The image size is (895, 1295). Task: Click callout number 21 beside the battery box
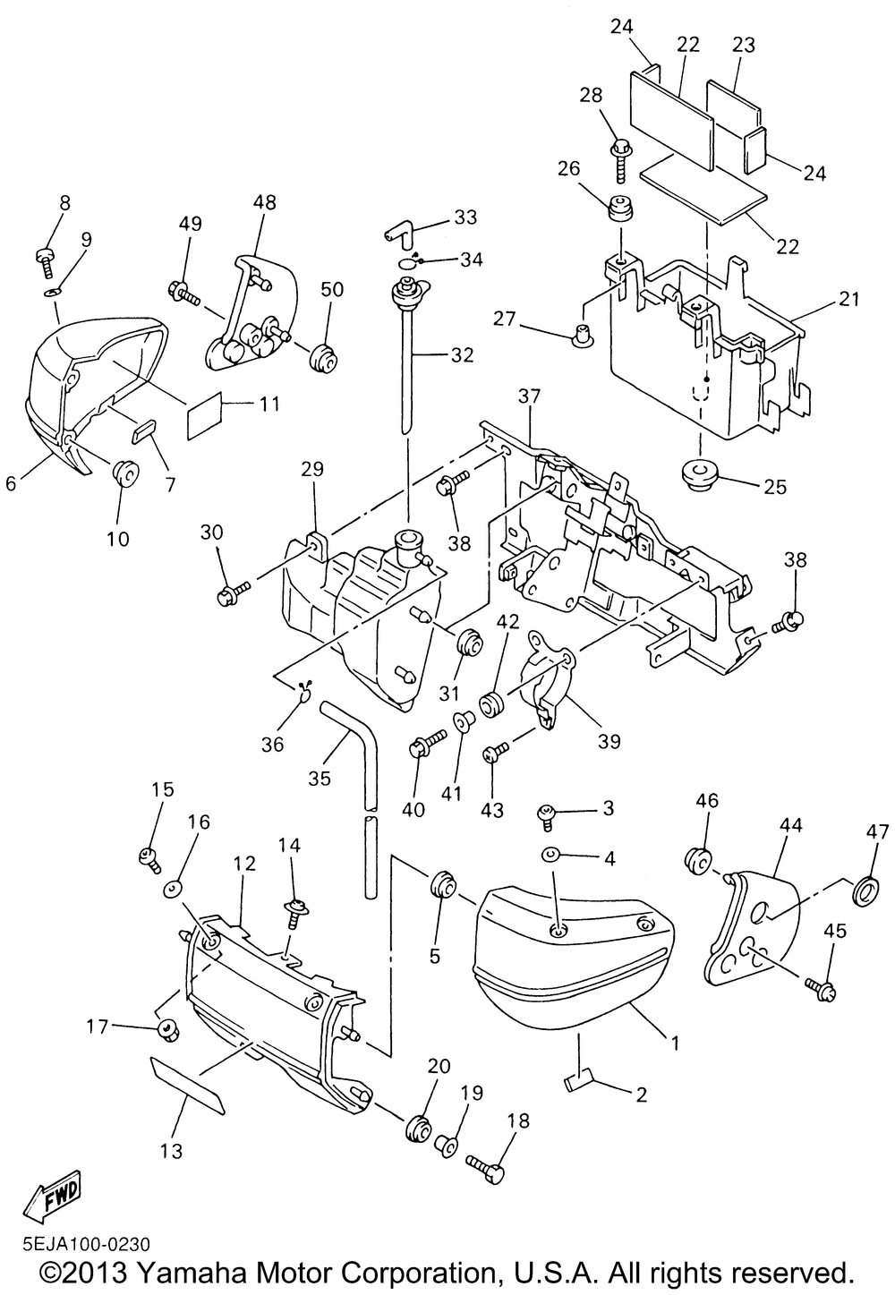click(x=848, y=300)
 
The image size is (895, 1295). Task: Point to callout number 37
click(x=529, y=396)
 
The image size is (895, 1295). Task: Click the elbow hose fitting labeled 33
click(x=405, y=233)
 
